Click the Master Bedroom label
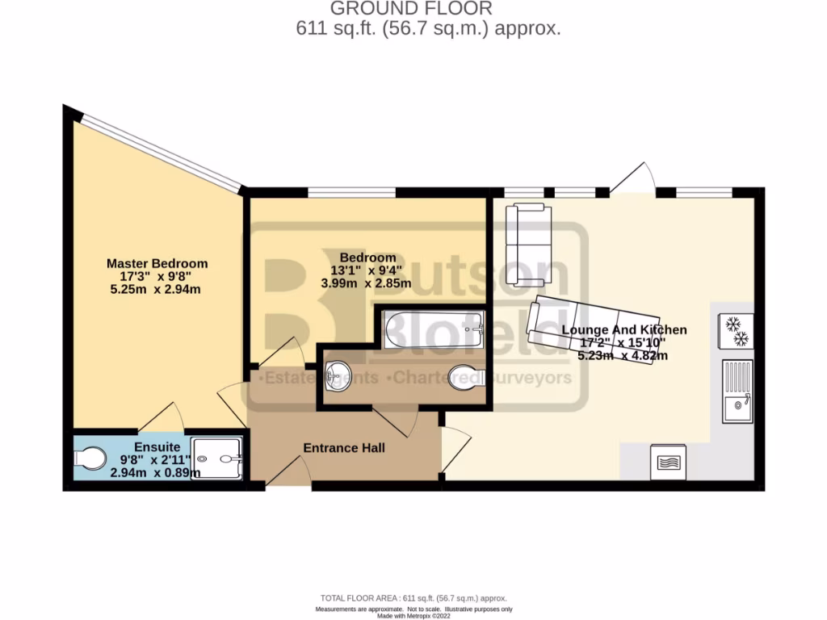(x=157, y=263)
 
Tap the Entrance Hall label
(x=344, y=447)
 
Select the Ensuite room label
(x=151, y=446)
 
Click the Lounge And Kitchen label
(x=624, y=329)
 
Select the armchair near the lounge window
(x=529, y=244)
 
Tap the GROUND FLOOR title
(x=411, y=9)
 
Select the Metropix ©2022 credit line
(x=413, y=616)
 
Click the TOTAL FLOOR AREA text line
(x=413, y=598)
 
